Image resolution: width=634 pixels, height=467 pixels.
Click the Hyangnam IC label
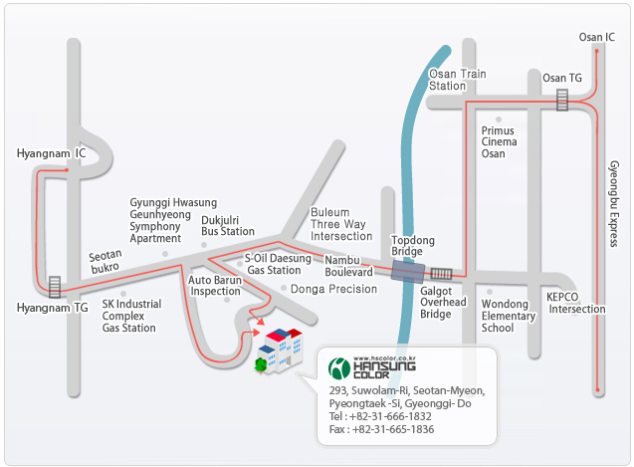pyautogui.click(x=52, y=153)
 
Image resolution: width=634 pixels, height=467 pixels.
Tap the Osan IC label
pyautogui.click(x=597, y=37)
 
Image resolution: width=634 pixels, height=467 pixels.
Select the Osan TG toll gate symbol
pyautogui.click(x=562, y=100)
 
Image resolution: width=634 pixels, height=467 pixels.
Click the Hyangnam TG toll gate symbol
pyautogui.click(x=55, y=287)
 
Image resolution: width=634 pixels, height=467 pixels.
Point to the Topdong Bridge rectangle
pyautogui.click(x=408, y=272)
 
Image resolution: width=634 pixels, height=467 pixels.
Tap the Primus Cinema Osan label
pyautogui.click(x=499, y=142)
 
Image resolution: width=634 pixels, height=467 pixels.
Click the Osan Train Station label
pyautogui.click(x=457, y=80)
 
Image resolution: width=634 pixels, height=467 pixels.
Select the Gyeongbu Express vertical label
pyautogui.click(x=614, y=203)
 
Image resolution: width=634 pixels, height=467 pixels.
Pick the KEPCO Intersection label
pyautogui.click(x=576, y=303)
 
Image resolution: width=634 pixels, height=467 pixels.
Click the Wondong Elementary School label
pyautogui.click(x=509, y=316)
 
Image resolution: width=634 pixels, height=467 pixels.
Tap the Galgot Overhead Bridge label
pyautogui.click(x=443, y=303)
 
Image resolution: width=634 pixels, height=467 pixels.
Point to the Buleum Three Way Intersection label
pyautogui.click(x=341, y=224)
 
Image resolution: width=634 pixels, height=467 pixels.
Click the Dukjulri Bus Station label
pyautogui.click(x=228, y=226)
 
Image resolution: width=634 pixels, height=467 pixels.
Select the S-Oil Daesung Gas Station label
pyautogui.click(x=278, y=264)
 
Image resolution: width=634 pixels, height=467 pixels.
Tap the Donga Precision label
pyautogui.click(x=333, y=289)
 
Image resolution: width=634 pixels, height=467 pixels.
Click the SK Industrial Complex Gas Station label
pyautogui.click(x=131, y=316)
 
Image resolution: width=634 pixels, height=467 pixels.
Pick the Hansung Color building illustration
pyautogui.click(x=279, y=350)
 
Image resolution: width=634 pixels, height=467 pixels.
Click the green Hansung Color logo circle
pyautogui.click(x=338, y=368)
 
